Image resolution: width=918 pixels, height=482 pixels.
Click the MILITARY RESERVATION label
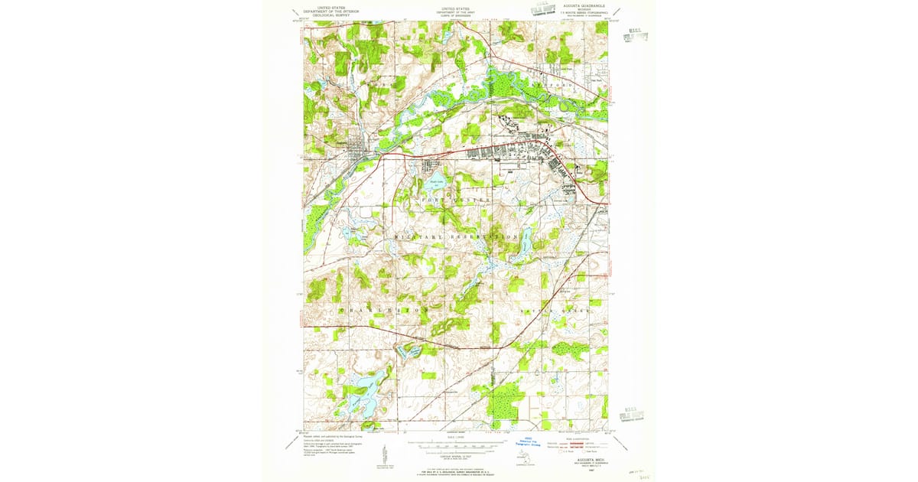pyautogui.click(x=456, y=238)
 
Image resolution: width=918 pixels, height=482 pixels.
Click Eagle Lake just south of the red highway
pyautogui.click(x=436, y=185)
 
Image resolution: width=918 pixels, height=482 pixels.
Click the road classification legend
pyautogui.click(x=583, y=446)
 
